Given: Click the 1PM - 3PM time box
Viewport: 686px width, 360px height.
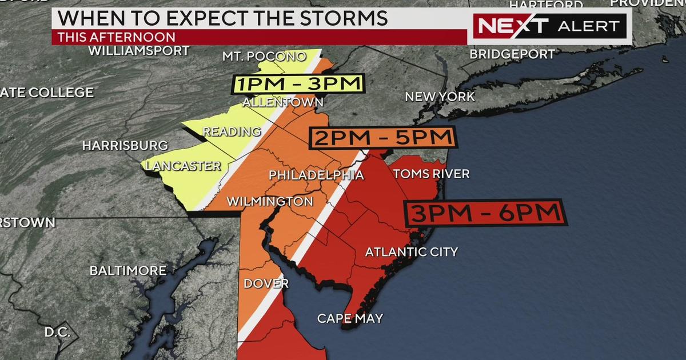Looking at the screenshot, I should tap(298, 85).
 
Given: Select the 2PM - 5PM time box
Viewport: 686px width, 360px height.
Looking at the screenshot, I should tap(382, 138).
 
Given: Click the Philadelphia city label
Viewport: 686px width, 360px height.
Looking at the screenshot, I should tap(316, 174).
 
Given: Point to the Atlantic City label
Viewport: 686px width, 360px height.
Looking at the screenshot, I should tap(412, 251).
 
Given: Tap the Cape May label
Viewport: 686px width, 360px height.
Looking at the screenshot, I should tap(350, 318).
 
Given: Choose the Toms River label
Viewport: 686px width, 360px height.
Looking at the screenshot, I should tap(431, 174).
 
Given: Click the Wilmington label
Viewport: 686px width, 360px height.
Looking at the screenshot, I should tap(270, 201).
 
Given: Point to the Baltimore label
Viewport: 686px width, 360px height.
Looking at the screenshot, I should tap(128, 270).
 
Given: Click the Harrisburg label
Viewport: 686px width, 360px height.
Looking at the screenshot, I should tap(125, 146).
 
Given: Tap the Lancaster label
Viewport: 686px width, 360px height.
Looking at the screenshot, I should tap(183, 166).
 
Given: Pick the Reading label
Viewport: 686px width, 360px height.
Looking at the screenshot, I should tap(232, 132).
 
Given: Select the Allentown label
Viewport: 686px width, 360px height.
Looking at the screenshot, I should tap(283, 102).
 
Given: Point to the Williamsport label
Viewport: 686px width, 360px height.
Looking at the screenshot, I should tap(138, 51).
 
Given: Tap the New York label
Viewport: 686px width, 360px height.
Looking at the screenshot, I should tap(440, 97).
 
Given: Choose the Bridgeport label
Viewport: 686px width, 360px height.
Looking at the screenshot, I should tap(512, 54).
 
